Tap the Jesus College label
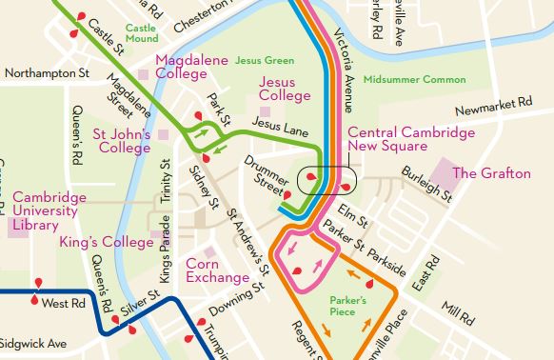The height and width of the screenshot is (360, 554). coord(285,89)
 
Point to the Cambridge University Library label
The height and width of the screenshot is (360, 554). coord(49,210)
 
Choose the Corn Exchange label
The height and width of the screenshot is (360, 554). coord(217,270)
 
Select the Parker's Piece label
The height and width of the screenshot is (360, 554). coord(348,305)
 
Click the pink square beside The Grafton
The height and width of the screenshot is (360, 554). coord(444,173)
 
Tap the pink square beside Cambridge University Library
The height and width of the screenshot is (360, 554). coord(17,227)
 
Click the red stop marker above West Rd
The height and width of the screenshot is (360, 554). coord(39,283)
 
